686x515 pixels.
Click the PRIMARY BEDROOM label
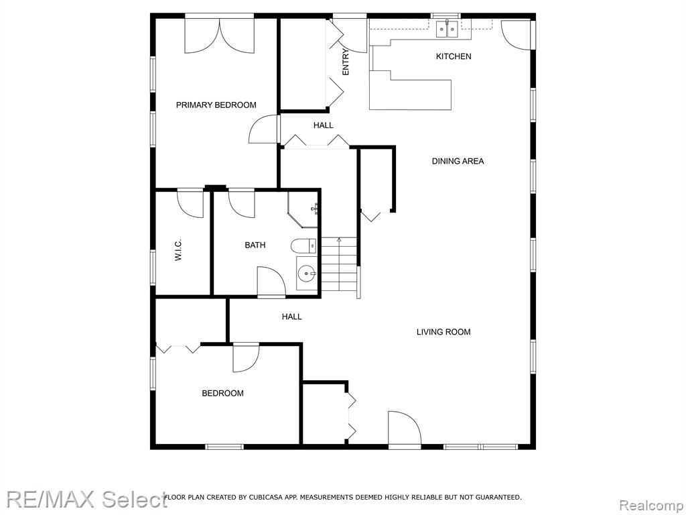tap(216, 105)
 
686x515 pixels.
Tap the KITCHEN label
tap(454, 56)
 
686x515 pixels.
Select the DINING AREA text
tap(458, 161)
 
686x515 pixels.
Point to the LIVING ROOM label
tap(443, 332)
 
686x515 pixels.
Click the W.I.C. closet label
tap(178, 251)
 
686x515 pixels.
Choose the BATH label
tap(255, 245)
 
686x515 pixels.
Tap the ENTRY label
tap(346, 62)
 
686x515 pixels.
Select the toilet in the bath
tap(303, 246)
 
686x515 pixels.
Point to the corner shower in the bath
tap(302, 209)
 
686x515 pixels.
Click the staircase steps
tap(339, 264)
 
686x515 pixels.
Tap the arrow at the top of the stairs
tap(339, 239)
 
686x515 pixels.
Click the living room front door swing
tap(405, 429)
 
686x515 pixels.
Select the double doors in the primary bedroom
tap(219, 36)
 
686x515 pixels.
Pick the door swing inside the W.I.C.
tap(190, 205)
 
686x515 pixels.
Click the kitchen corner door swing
tap(517, 34)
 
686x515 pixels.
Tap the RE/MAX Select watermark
tap(87, 500)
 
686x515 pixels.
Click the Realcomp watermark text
tap(651, 506)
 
